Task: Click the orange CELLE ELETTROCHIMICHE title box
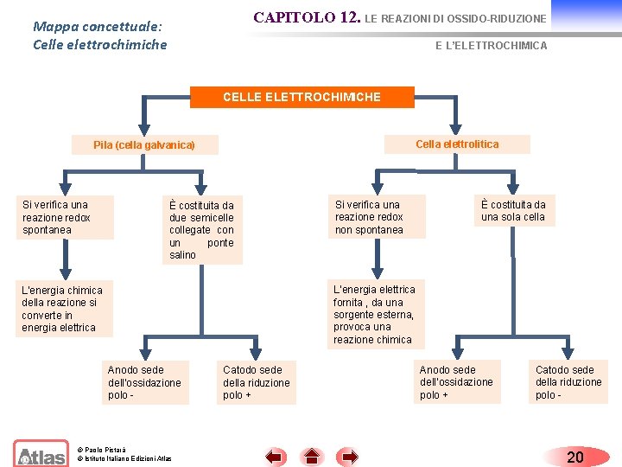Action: pos(301,98)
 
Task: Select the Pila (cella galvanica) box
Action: pos(144,145)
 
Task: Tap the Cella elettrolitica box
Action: pos(457,144)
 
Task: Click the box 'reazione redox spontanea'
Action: pos(64,217)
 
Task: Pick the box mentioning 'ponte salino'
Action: pos(201,230)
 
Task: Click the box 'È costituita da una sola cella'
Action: pos(513,210)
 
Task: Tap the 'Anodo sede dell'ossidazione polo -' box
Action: pos(145,382)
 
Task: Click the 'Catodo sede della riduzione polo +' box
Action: pos(257,382)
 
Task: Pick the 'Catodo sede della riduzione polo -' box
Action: pos(568,381)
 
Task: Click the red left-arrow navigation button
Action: pos(276,456)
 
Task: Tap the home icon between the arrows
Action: pos(312,456)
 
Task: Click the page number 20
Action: pos(574,456)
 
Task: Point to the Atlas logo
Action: pos(41,454)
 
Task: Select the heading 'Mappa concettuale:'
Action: pos(98,26)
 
